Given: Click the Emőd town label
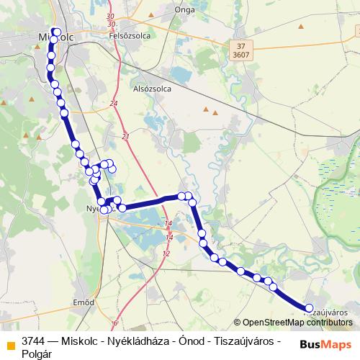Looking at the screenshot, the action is (84, 302).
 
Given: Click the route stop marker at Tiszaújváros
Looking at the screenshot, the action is (308, 307).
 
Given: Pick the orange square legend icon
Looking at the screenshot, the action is (10, 343).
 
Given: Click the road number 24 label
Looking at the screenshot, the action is (114, 104).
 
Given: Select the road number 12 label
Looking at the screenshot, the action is (166, 253).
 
